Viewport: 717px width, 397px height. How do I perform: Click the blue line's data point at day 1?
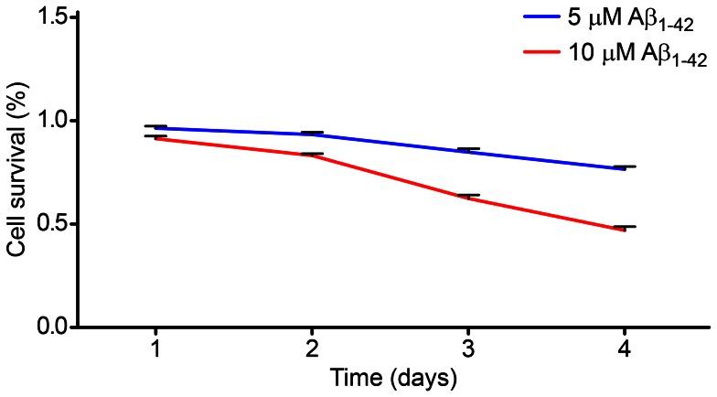click(155, 128)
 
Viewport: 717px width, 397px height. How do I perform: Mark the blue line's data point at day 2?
click(312, 134)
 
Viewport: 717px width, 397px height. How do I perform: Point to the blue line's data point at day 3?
click(468, 151)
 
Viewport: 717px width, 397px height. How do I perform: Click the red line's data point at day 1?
click(155, 138)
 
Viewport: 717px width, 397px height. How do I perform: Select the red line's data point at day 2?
click(312, 155)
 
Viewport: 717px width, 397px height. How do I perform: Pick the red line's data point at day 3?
click(468, 197)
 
